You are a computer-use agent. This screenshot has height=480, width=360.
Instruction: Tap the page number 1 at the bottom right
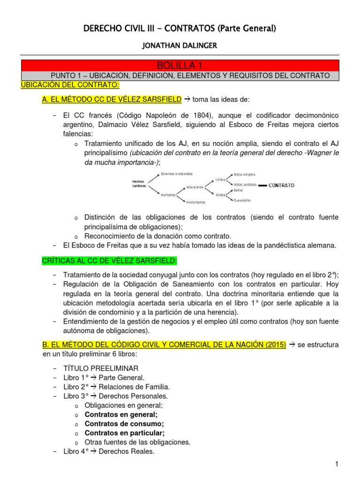pyautogui.click(x=337, y=464)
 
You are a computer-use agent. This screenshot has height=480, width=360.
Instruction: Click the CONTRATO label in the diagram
pyautogui.click(x=281, y=185)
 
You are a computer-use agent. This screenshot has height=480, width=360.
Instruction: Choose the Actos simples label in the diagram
pyautogui.click(x=245, y=174)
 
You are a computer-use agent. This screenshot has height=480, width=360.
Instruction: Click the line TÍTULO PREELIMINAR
pyautogui.click(x=101, y=368)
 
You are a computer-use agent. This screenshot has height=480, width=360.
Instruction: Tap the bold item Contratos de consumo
pyautogui.click(x=124, y=423)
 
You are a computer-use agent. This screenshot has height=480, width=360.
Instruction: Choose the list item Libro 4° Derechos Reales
pyautogui.click(x=109, y=452)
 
